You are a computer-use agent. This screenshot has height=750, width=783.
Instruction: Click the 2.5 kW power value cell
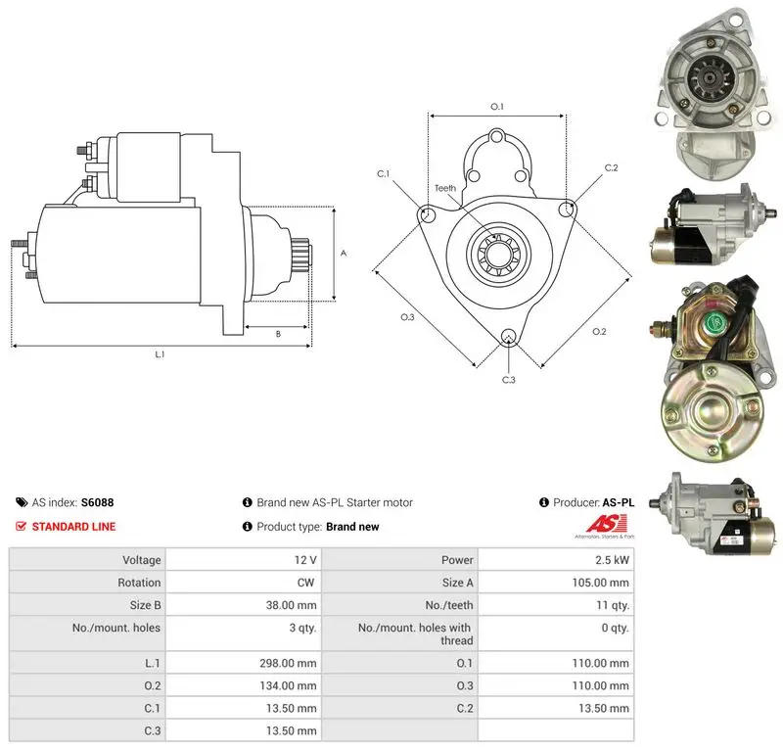point(612,560)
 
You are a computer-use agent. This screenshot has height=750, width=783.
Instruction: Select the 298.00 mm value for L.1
point(288,663)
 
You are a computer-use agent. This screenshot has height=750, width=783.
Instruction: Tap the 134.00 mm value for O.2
point(288,685)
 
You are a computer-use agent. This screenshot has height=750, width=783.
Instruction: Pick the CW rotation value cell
point(305,583)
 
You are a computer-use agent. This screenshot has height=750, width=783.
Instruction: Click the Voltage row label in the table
point(142,560)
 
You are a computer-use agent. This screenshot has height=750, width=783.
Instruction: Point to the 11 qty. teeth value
point(613,605)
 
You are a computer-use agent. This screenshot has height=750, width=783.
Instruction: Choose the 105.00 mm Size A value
point(600,583)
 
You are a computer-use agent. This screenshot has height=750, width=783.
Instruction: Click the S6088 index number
point(97,502)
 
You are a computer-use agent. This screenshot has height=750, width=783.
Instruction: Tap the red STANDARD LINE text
point(74,526)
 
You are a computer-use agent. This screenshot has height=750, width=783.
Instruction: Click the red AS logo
point(606,524)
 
